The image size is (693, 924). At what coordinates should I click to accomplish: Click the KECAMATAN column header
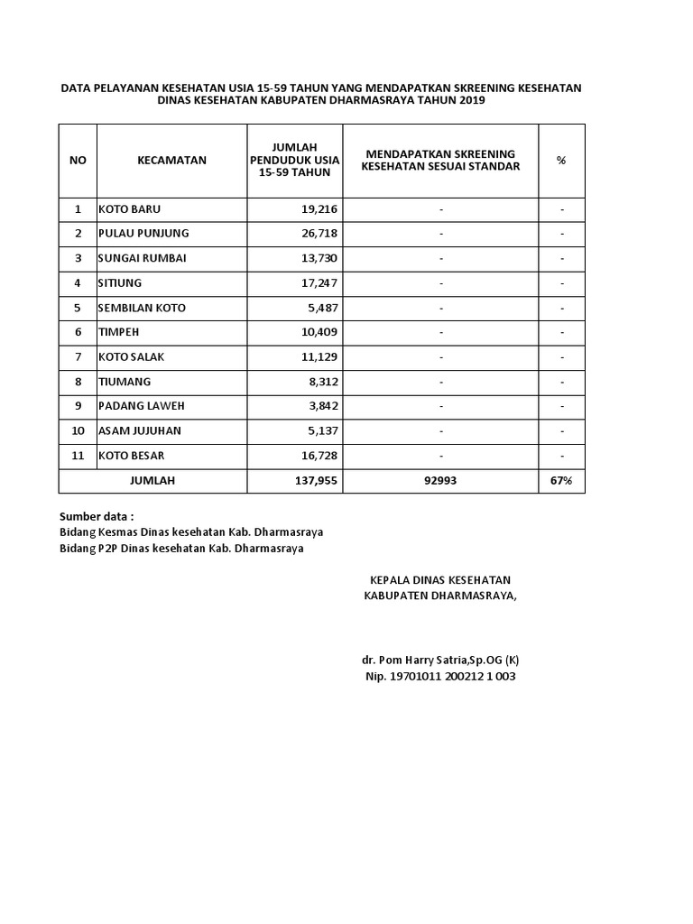pos(171,161)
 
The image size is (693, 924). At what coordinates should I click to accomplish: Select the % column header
pos(561,161)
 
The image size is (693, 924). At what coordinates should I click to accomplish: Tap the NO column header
pos(78,161)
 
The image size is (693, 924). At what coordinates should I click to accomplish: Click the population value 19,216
pos(319,209)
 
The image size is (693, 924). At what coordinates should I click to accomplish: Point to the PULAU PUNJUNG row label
pos(143,234)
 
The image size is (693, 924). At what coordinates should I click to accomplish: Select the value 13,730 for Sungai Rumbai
pos(319,258)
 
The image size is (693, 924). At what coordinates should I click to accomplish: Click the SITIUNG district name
pos(120,283)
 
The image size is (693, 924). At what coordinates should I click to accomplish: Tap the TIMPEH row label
pos(118,332)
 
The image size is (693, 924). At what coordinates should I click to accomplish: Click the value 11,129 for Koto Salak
pos(319,357)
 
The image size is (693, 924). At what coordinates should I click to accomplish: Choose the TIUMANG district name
pos(124,382)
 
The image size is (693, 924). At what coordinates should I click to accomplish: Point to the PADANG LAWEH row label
pos(141,406)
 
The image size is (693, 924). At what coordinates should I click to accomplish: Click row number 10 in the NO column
pos(78,431)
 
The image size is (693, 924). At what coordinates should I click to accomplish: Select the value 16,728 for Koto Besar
pos(319,456)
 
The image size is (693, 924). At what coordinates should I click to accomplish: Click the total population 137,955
pos(316,481)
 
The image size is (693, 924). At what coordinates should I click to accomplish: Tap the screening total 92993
pos(440,481)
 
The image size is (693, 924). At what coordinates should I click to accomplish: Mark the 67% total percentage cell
pos(561,481)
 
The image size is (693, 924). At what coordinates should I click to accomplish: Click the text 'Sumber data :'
pos(97,517)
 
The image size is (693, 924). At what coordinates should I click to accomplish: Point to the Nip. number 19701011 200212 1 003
pos(439,677)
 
